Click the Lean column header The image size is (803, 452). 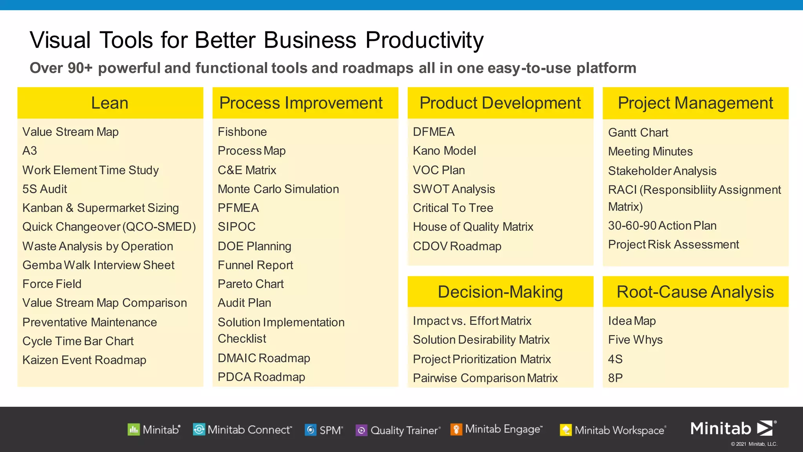110,103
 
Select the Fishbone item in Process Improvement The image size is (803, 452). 242,132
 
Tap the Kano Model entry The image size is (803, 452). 444,151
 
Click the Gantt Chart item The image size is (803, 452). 638,133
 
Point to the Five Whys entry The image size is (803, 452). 635,340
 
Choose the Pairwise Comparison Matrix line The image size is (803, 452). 485,378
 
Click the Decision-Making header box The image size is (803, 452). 500,292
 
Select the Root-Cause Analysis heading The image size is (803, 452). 695,292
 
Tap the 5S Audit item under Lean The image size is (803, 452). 45,189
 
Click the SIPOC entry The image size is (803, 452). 236,227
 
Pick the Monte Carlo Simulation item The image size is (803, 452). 278,189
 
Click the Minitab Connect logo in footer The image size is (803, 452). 242,430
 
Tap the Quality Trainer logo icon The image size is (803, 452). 361,430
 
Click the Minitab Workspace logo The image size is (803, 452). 613,430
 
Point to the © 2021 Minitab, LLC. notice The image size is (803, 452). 754,444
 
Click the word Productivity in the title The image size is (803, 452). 424,40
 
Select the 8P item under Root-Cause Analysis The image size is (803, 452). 615,378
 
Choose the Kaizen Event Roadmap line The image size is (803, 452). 84,360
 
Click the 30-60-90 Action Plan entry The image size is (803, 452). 662,226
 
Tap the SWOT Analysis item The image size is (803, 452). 454,189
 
